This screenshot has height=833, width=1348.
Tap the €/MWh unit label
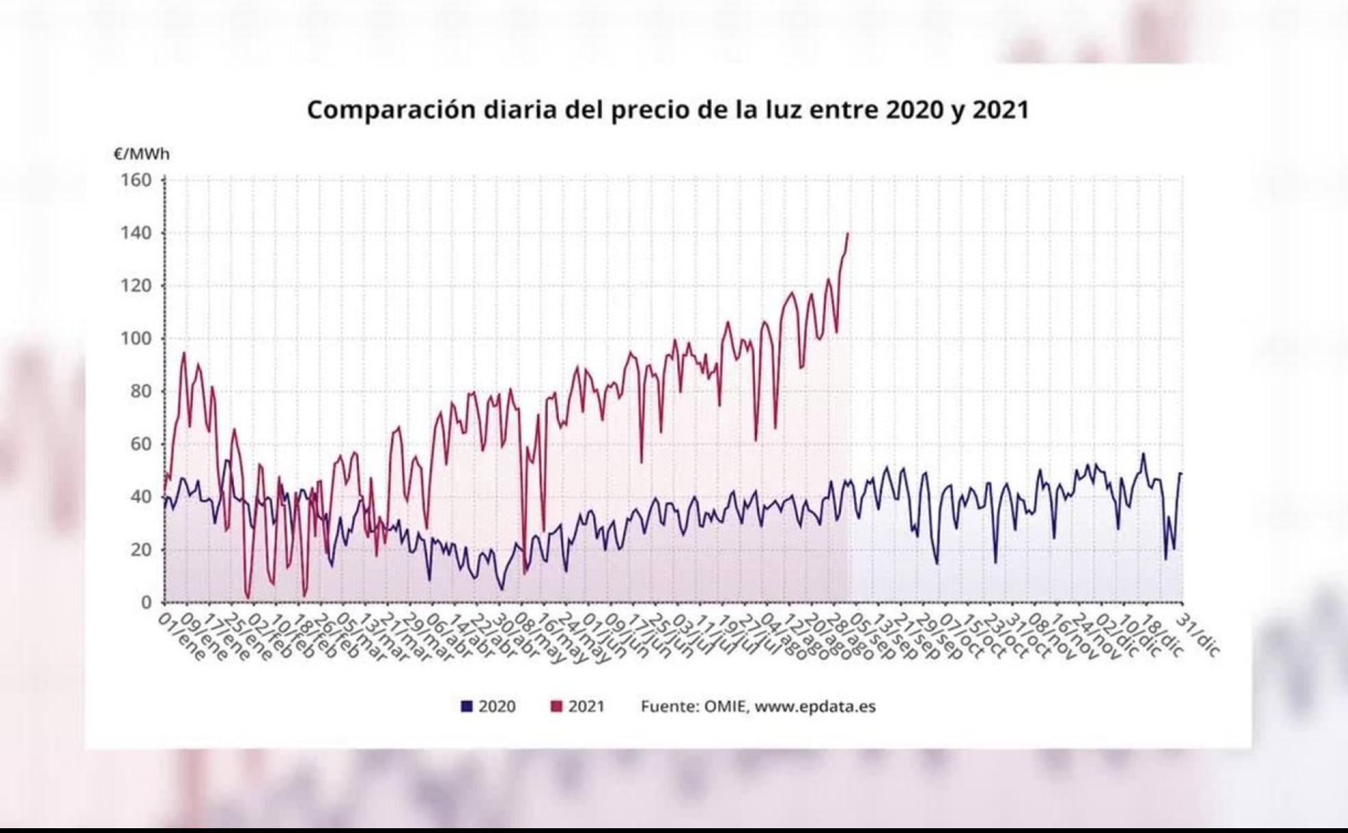point(141,154)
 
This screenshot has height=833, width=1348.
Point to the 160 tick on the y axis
point(136,180)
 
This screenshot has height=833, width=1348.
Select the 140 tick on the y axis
point(136,233)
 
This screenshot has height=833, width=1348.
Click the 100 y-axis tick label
point(136,339)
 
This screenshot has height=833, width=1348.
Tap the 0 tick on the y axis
point(146,603)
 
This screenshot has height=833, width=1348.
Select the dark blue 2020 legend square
point(467,706)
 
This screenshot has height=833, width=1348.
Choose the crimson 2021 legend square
point(557,706)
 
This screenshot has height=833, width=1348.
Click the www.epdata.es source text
point(815,706)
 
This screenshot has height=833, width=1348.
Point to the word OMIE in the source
point(725,706)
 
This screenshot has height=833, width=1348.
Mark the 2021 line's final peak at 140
point(848,234)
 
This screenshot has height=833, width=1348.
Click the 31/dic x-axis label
point(1198,636)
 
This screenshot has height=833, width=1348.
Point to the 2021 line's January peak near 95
point(184,353)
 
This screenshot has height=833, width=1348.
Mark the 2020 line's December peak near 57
point(1143,453)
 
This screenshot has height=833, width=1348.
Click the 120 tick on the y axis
point(136,286)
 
